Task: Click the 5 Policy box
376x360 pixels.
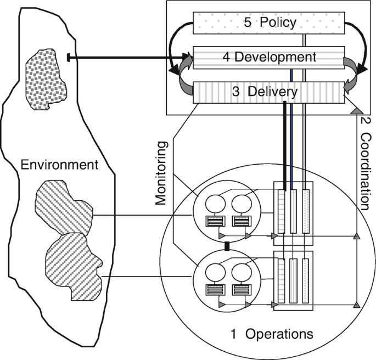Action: coord(268,23)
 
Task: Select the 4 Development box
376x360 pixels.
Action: coord(268,57)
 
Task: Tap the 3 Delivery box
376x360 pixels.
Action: coord(268,91)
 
